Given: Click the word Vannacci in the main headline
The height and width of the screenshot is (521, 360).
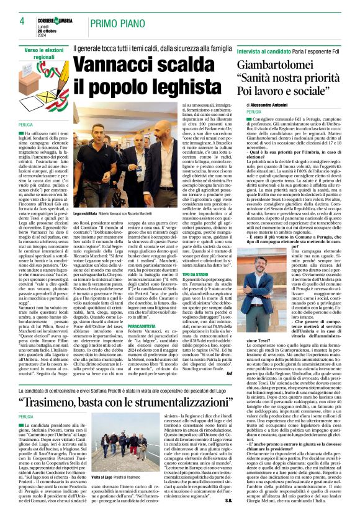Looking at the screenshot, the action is pos(117,65).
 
